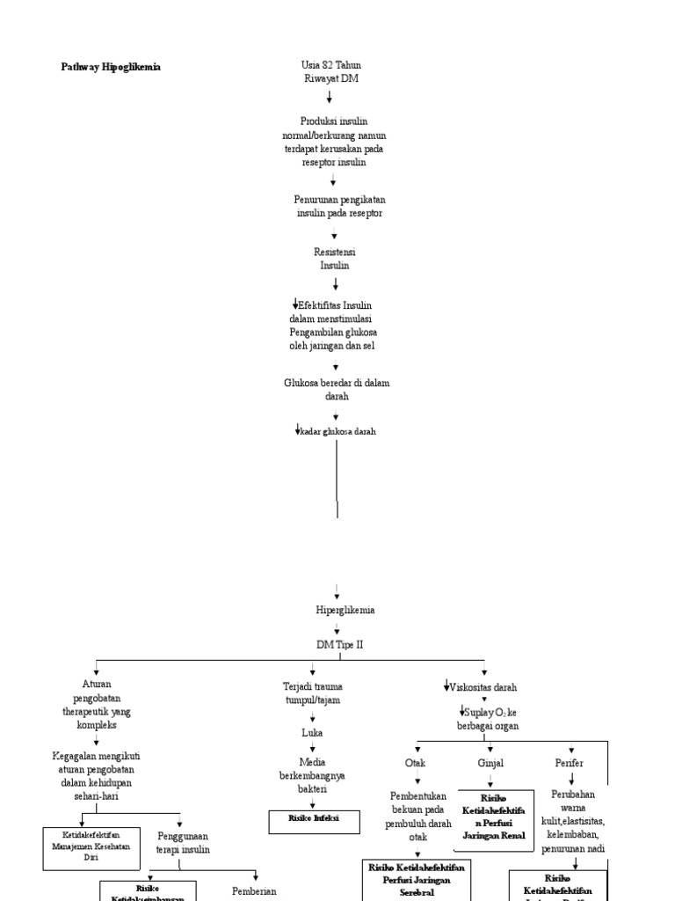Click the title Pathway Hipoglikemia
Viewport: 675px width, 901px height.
[111, 67]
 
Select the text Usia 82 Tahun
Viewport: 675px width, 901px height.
[330, 66]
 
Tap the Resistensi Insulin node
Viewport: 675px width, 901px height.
[334, 258]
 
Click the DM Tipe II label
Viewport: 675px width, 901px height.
[339, 644]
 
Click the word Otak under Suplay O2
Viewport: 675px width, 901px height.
[415, 763]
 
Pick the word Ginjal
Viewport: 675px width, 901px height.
[490, 763]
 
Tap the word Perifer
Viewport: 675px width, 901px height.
[569, 763]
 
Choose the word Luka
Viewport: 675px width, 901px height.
[313, 732]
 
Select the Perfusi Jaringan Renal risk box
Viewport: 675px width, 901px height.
[494, 822]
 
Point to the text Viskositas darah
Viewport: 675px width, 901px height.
[483, 686]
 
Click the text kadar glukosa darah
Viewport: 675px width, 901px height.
[337, 431]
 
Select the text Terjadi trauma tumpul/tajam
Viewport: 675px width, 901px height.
[313, 693]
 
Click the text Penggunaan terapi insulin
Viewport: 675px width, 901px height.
[183, 843]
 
